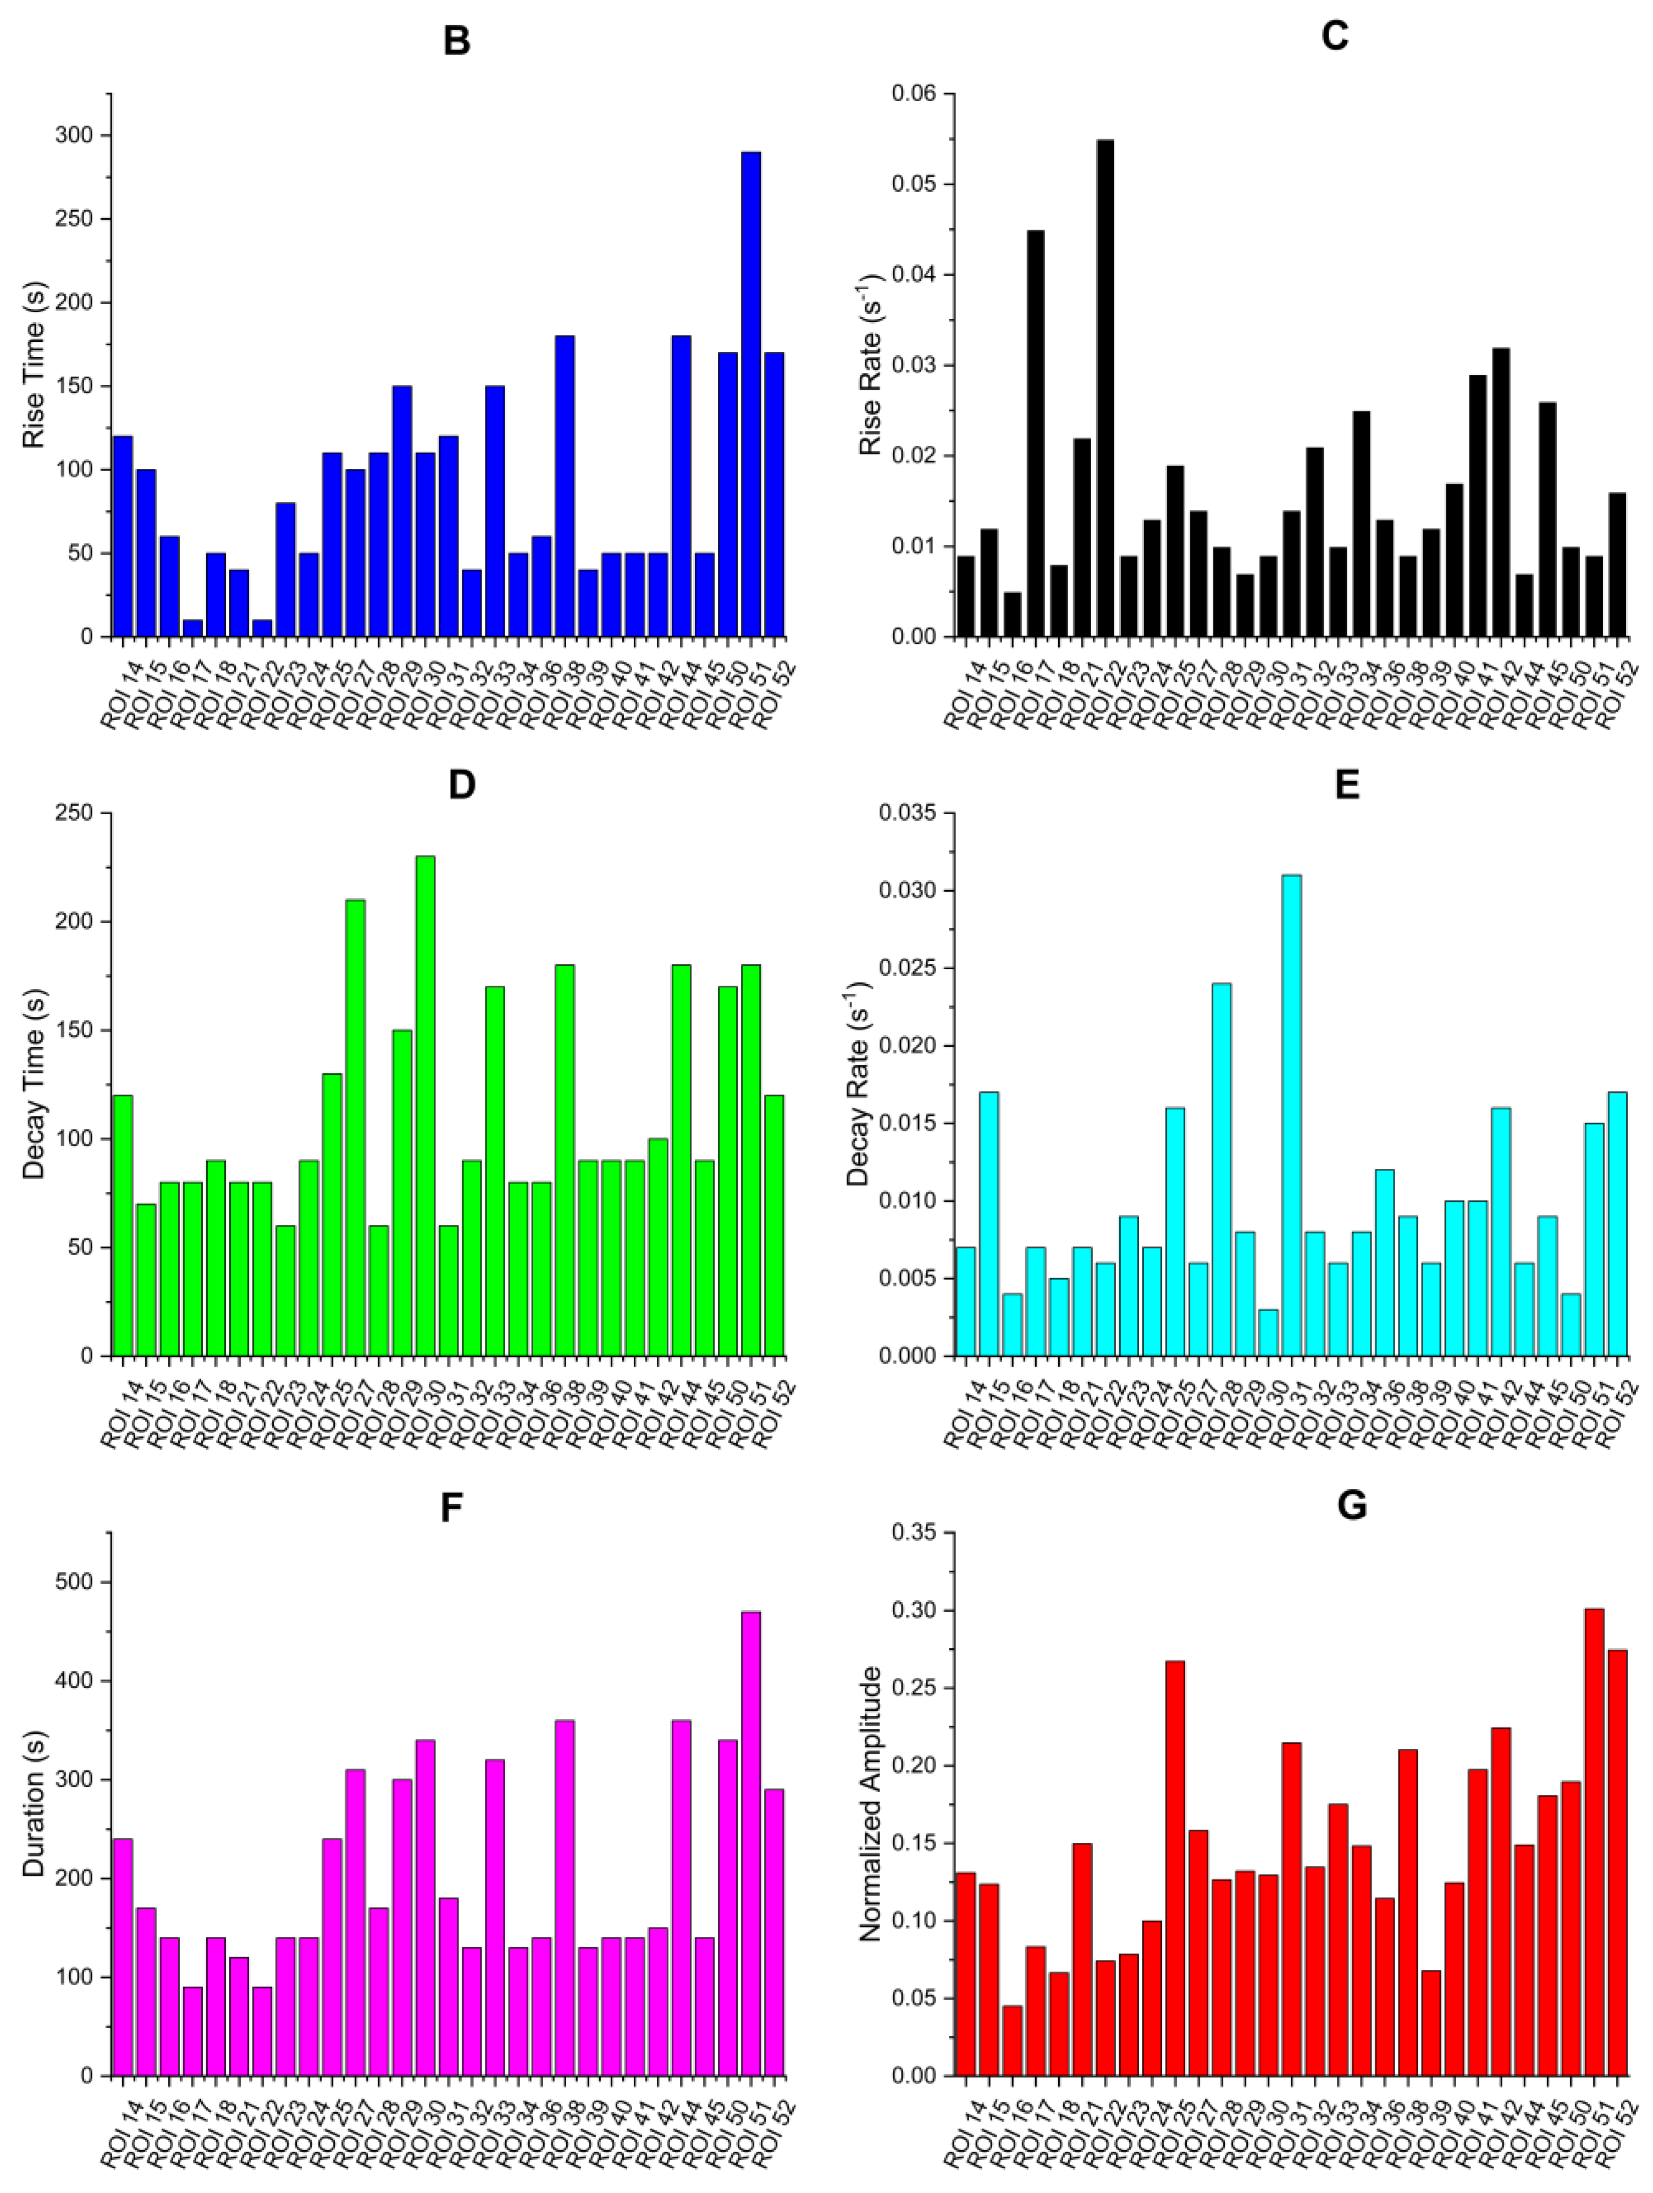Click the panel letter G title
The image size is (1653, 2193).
click(1352, 1505)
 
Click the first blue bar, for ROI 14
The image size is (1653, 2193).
click(123, 535)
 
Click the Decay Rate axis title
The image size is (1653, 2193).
click(859, 1084)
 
